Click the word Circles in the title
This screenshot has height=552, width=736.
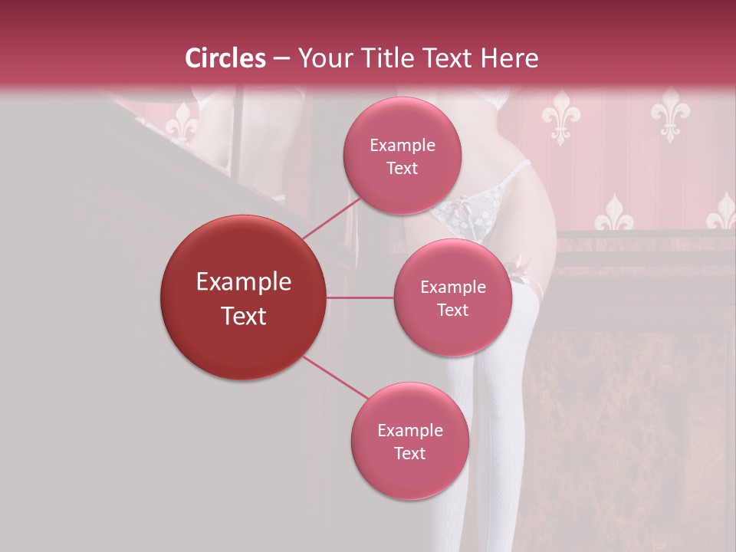pyautogui.click(x=225, y=58)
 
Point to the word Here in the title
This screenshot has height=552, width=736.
pyautogui.click(x=510, y=58)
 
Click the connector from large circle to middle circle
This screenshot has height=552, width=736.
pyautogui.click(x=360, y=297)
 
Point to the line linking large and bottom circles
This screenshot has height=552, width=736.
pyautogui.click(x=336, y=378)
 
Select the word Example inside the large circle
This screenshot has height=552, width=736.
pyautogui.click(x=244, y=282)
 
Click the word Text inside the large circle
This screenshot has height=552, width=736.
pyautogui.click(x=244, y=316)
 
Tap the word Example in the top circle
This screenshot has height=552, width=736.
pyautogui.click(x=402, y=146)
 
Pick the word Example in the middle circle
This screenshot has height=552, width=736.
pyautogui.click(x=452, y=287)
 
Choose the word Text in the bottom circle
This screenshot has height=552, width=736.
pyautogui.click(x=409, y=453)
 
